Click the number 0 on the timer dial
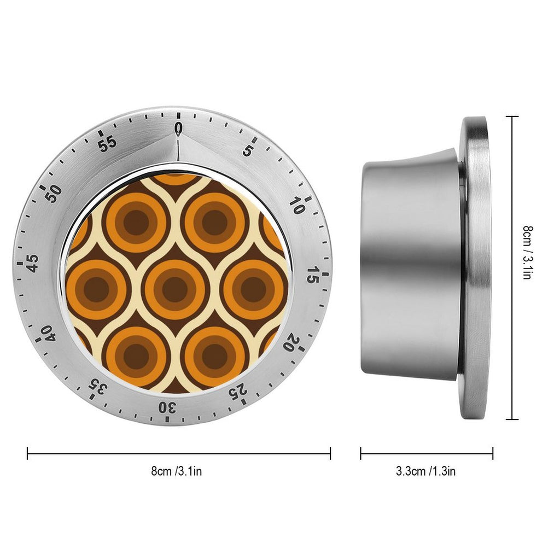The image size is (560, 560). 179,129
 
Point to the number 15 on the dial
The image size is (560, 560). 313,275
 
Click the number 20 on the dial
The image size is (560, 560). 292,342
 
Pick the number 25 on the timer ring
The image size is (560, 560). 238,390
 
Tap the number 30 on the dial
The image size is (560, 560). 168,407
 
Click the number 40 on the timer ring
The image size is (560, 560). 48,334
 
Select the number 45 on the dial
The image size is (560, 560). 32,264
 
